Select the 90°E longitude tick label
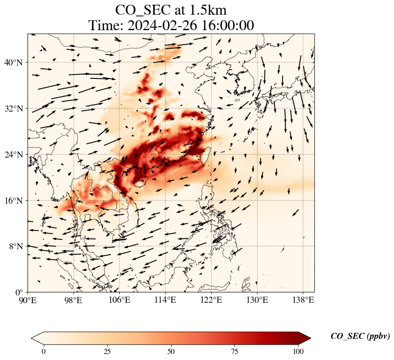[28, 300]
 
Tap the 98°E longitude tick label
[74, 300]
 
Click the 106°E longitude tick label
[120, 300]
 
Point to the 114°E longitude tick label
[165, 300]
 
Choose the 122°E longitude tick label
[211, 300]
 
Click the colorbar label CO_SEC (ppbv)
[360, 336]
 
